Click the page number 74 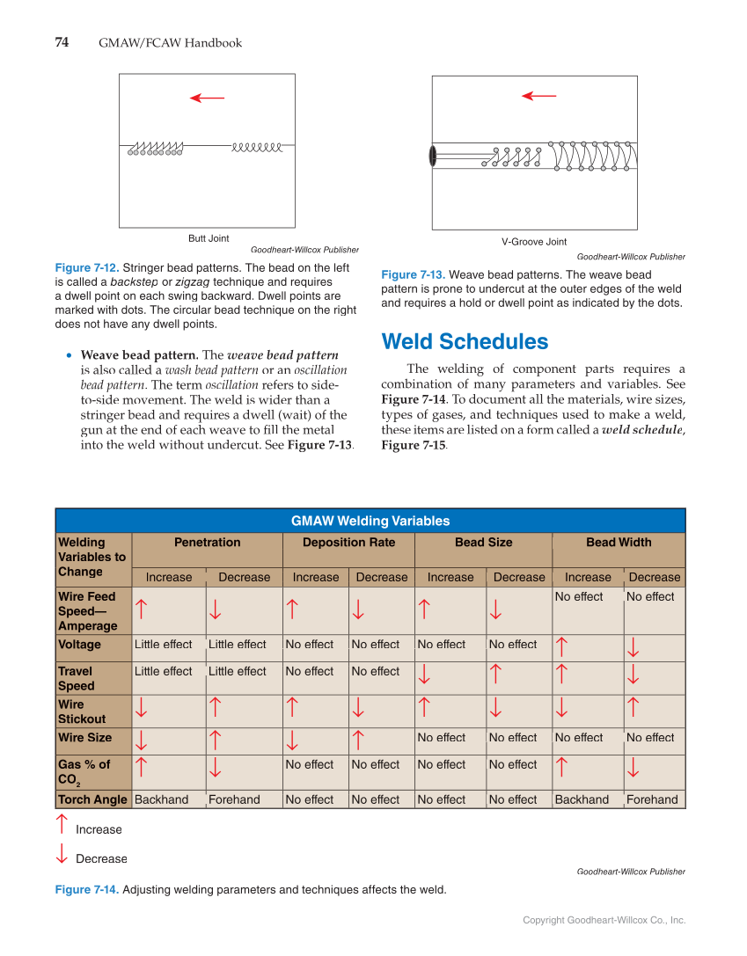pyautogui.click(x=62, y=42)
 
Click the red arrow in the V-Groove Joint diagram pyautogui.click(x=538, y=96)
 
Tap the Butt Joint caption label pyautogui.click(x=209, y=238)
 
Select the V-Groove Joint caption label pyautogui.click(x=534, y=242)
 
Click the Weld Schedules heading pyautogui.click(x=465, y=341)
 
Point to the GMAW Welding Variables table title pyautogui.click(x=370, y=521)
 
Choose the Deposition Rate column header pyautogui.click(x=348, y=543)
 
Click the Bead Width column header pyautogui.click(x=619, y=543)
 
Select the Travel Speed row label pyautogui.click(x=76, y=678)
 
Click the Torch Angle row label pyautogui.click(x=92, y=799)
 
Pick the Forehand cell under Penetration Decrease pyautogui.click(x=234, y=799)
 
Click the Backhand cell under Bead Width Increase pyautogui.click(x=581, y=799)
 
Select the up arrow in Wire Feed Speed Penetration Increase pyautogui.click(x=141, y=608)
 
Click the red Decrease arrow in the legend pyautogui.click(x=62, y=853)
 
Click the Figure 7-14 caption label pyautogui.click(x=86, y=890)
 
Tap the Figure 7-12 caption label pyautogui.click(x=86, y=267)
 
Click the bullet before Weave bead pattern pyautogui.click(x=70, y=355)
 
